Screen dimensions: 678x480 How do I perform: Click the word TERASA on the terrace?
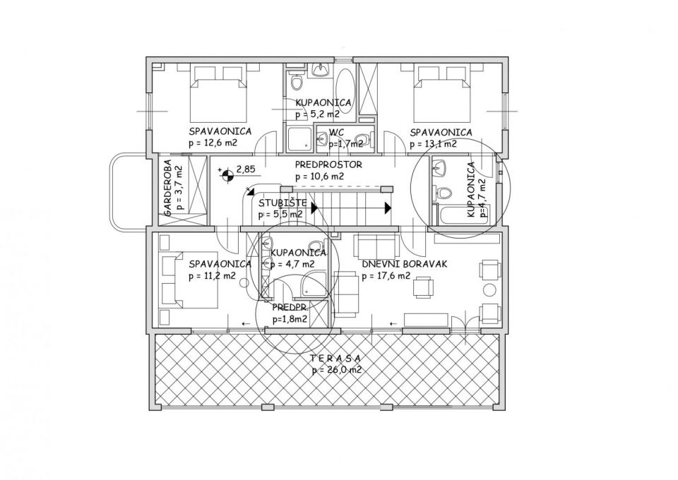pyautogui.click(x=335, y=358)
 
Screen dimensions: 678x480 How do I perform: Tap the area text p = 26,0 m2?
pyautogui.click(x=336, y=371)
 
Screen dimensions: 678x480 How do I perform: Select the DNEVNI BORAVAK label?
pyautogui.click(x=404, y=264)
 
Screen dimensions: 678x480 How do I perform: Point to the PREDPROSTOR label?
pyautogui.click(x=328, y=164)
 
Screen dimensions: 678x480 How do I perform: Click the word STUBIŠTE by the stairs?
pyautogui.click(x=282, y=203)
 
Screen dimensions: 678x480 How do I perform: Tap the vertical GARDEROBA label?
pyautogui.click(x=168, y=188)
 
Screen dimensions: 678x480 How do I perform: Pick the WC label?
pyautogui.click(x=336, y=132)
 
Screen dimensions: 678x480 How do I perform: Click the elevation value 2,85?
pyautogui.click(x=246, y=169)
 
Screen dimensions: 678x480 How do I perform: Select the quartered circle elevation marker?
pyautogui.click(x=227, y=175)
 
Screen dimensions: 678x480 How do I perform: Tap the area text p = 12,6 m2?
pyautogui.click(x=213, y=143)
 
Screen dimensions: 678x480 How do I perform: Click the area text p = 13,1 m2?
pyautogui.click(x=433, y=144)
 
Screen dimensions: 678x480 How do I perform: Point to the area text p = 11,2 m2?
pyautogui.click(x=213, y=275)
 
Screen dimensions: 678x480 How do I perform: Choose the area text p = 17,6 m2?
pyautogui.click(x=386, y=276)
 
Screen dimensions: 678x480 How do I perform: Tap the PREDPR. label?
pyautogui.click(x=290, y=308)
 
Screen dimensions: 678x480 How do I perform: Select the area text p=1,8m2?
pyautogui.click(x=290, y=319)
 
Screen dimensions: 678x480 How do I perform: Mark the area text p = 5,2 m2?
pyautogui.click(x=318, y=114)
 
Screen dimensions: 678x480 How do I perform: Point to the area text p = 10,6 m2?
pyautogui.click(x=319, y=176)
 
